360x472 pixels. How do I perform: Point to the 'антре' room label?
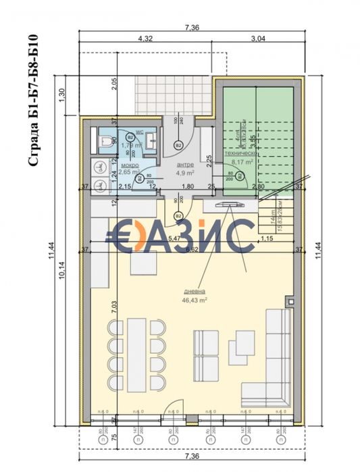[185, 165]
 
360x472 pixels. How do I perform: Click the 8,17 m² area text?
[242, 162]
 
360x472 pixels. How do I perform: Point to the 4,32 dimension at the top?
[145, 39]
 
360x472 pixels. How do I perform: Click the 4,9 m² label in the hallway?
[185, 172]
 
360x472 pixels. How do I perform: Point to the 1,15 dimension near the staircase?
[267, 238]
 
